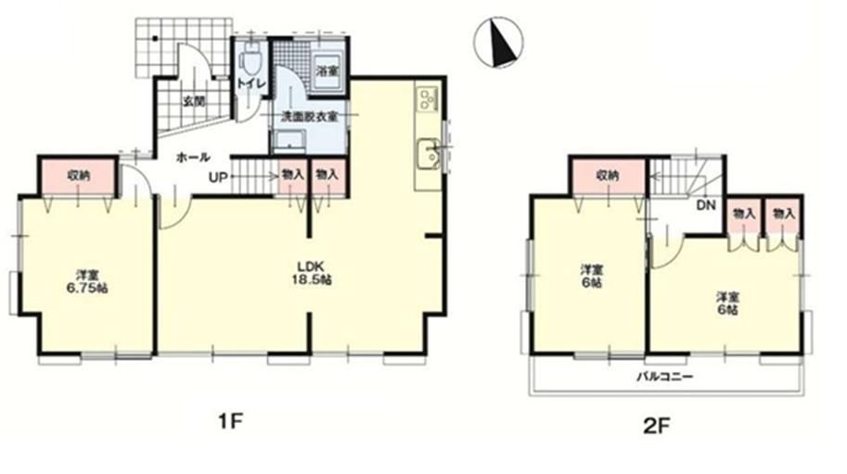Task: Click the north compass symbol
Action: point(498,42)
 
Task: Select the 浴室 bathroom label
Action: point(327,71)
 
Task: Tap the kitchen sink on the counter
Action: point(430,154)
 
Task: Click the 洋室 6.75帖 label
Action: point(87,281)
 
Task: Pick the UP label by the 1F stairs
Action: point(219,177)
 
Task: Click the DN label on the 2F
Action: point(706,205)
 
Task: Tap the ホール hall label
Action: point(193,157)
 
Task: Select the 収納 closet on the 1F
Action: point(78,175)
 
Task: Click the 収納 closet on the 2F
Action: point(609,175)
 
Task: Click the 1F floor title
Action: point(231,421)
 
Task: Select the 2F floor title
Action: point(656,427)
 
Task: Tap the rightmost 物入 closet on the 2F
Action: point(783,215)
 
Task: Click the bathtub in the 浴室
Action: point(327,71)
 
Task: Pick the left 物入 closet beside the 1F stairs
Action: point(293,176)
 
